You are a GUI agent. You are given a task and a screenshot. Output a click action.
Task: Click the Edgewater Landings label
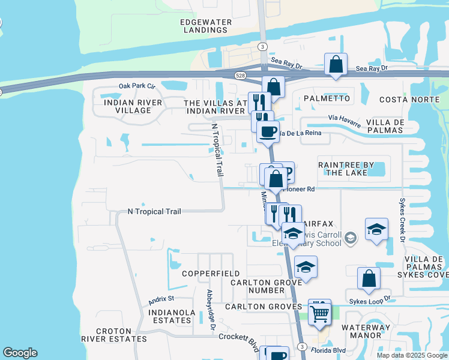pyautogui.click(x=206, y=26)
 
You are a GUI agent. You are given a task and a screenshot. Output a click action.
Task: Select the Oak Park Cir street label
pyautogui.click(x=137, y=86)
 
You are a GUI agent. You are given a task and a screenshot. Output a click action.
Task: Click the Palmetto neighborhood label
pyautogui.click(x=327, y=98)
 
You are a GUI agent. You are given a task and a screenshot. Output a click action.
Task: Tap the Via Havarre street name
pyautogui.click(x=344, y=121)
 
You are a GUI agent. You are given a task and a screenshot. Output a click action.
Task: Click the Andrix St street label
pyautogui.click(x=161, y=298)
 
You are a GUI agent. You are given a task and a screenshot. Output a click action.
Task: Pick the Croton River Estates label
pyautogui.click(x=121, y=335)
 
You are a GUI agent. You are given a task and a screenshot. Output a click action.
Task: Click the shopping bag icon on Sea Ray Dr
pyautogui.click(x=336, y=64)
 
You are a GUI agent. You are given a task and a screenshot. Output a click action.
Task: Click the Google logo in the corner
pyautogui.click(x=20, y=353)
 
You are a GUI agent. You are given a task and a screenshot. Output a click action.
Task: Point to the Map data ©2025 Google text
pyautogui.click(x=412, y=355)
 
